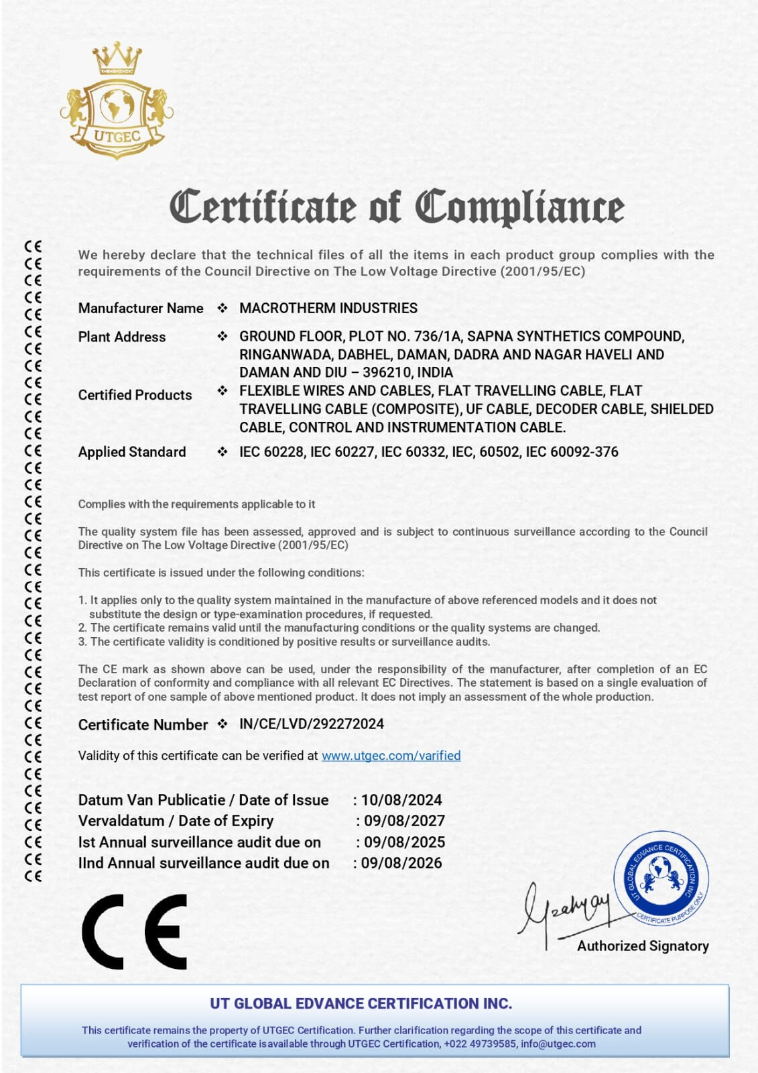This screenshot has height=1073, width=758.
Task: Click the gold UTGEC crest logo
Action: (x=117, y=101)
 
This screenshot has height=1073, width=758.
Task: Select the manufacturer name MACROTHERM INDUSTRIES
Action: (x=328, y=308)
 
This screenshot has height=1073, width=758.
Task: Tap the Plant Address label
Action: (x=122, y=337)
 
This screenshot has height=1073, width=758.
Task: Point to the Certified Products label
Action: (x=135, y=395)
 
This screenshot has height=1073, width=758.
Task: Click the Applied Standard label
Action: (x=132, y=452)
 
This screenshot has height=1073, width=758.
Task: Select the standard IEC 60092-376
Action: (x=572, y=452)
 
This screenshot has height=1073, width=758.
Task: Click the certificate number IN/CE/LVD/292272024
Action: (x=312, y=724)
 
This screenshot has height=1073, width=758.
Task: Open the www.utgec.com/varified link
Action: (x=391, y=756)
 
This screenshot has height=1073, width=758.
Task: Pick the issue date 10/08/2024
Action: (x=401, y=800)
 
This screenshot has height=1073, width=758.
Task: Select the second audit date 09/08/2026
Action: (x=401, y=863)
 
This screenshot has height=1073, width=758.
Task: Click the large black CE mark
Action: (x=135, y=931)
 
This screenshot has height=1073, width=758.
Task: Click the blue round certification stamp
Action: (x=661, y=878)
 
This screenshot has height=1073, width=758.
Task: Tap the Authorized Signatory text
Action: (x=643, y=946)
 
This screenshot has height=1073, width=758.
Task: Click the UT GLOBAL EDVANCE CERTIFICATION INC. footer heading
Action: (x=361, y=1004)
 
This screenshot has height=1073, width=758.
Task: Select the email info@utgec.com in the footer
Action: (x=558, y=1044)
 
